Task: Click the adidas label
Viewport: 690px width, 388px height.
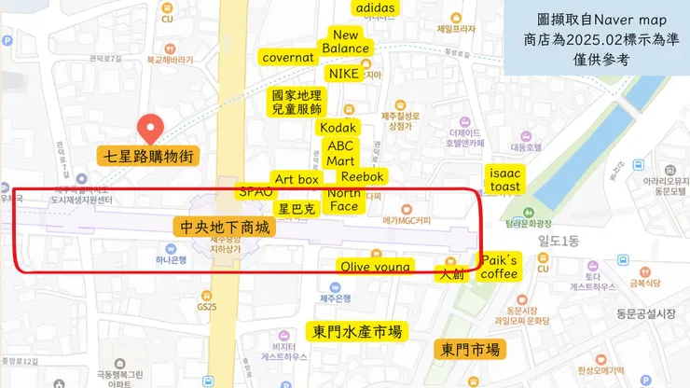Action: [376, 8]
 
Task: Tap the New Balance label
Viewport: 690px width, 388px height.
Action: [346, 42]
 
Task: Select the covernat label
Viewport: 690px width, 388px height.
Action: [288, 57]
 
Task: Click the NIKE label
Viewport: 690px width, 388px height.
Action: [344, 73]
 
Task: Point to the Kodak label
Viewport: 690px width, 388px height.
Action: [338, 127]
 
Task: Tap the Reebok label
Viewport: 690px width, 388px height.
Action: [362, 176]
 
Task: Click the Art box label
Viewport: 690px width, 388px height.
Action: [297, 179]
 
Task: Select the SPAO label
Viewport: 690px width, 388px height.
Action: [255, 191]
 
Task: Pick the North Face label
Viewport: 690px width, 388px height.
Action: [344, 200]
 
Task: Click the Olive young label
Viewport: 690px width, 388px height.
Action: [375, 267]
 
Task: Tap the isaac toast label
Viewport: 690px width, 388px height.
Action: [504, 180]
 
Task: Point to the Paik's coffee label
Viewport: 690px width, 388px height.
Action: [499, 267]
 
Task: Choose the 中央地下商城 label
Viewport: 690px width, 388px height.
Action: [224, 227]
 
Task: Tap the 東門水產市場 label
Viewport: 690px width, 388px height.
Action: [357, 331]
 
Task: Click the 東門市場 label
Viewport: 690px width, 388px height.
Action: [470, 350]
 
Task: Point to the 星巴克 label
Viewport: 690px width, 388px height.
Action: [297, 209]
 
